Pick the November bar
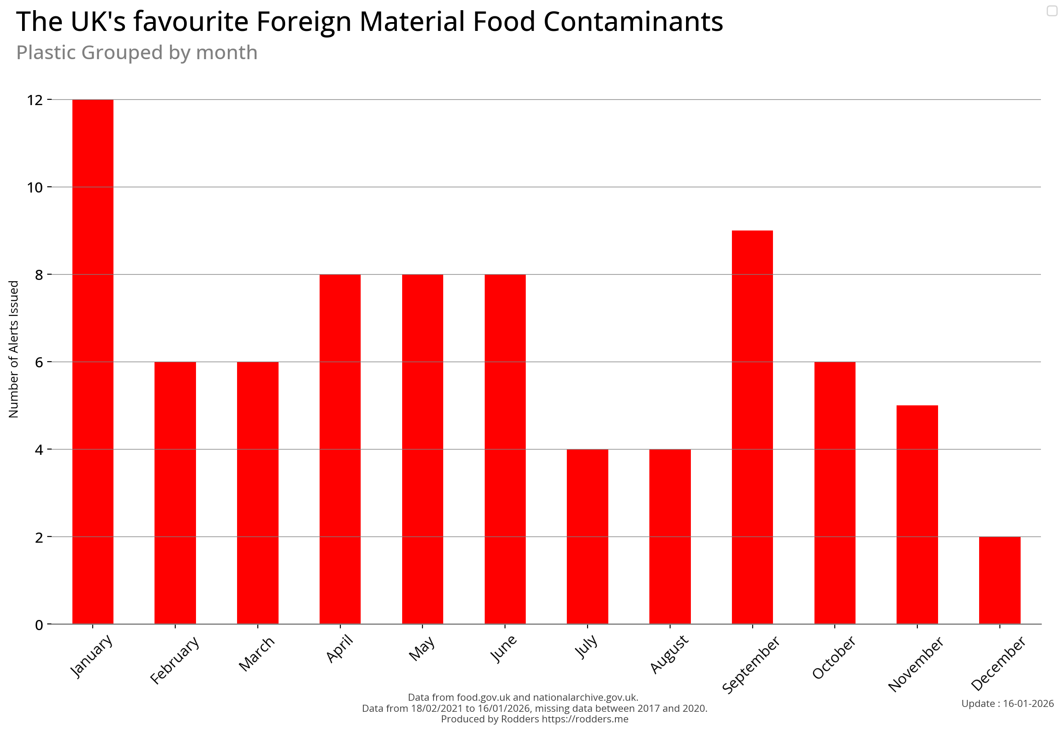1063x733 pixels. pyautogui.click(x=917, y=514)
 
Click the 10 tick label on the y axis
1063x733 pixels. pyautogui.click(x=35, y=187)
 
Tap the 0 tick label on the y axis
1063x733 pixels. pyautogui.click(x=39, y=625)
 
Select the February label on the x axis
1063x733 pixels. pyautogui.click(x=175, y=660)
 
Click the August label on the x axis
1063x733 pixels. pyautogui.click(x=670, y=654)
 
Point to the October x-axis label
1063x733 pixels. pyautogui.click(x=834, y=657)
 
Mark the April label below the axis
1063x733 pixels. pyautogui.click(x=340, y=649)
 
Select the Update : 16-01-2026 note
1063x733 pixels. pyautogui.click(x=1007, y=703)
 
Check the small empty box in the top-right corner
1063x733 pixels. pyautogui.click(x=1052, y=11)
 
